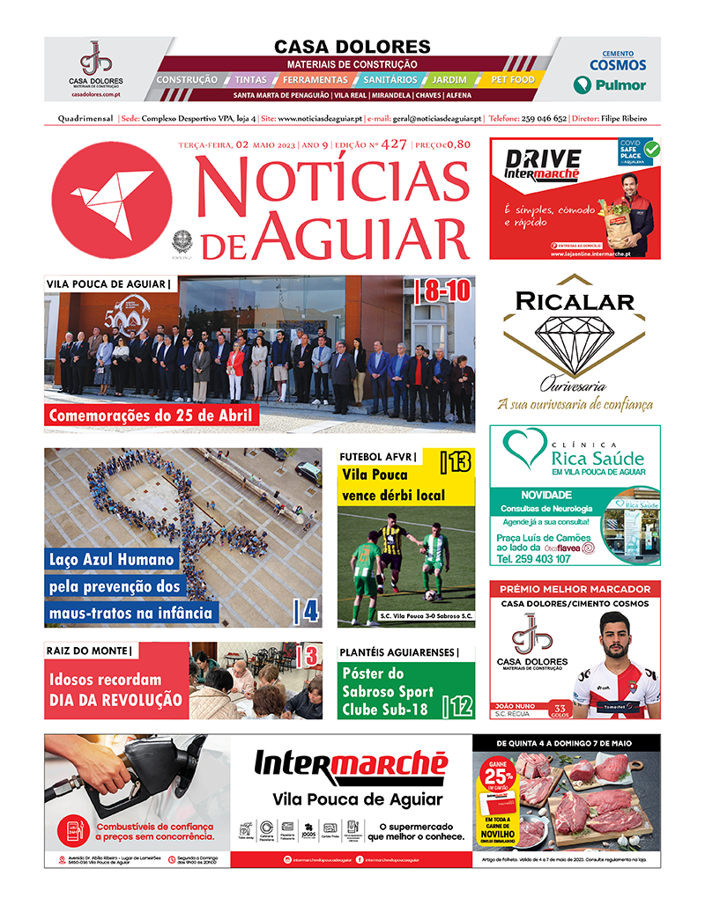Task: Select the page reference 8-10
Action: tap(445, 291)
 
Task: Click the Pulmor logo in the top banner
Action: tap(610, 85)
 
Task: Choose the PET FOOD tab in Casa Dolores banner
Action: tap(512, 80)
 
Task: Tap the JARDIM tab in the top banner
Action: tap(449, 80)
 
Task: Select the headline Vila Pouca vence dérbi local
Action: tap(393, 484)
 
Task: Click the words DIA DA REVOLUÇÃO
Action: tap(115, 700)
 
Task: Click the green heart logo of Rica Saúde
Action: tap(531, 450)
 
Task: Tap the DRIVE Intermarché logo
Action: tap(543, 164)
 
